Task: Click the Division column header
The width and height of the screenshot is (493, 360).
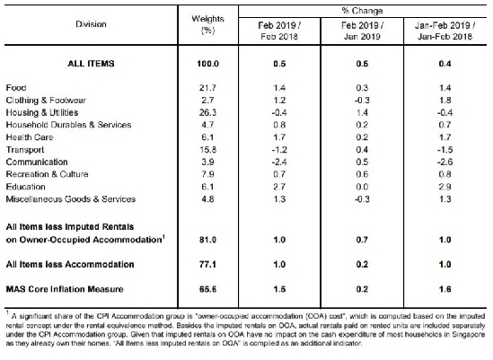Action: [91, 24]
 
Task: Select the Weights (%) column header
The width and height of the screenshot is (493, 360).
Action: [207, 24]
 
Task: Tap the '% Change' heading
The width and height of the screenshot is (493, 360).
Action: [362, 11]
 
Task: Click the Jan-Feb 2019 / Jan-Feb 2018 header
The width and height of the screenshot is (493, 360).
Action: [445, 31]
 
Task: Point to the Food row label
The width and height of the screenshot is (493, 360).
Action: [16, 88]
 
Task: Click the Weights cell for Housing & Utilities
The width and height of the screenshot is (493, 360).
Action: [207, 112]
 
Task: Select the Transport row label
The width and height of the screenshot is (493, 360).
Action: [25, 150]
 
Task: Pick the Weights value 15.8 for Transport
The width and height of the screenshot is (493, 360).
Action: [207, 150]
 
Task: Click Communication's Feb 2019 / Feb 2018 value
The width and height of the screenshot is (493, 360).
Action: [279, 162]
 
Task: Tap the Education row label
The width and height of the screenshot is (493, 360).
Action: [25, 187]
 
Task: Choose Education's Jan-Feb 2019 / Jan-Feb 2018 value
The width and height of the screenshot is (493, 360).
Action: [445, 187]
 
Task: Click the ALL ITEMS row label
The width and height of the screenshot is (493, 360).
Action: [91, 64]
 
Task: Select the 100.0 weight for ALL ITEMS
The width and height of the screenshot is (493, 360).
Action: [207, 64]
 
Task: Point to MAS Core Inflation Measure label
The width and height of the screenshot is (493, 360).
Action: [65, 289]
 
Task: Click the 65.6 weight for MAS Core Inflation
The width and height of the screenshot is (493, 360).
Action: [207, 289]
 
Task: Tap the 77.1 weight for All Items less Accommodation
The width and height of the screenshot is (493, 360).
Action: [207, 265]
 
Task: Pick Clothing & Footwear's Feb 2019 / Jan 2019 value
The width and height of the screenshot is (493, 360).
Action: [362, 101]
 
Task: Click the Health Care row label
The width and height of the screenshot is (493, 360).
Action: [30, 137]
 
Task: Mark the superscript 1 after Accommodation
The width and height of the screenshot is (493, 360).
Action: [163, 236]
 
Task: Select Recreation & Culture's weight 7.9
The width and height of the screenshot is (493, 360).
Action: [207, 174]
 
